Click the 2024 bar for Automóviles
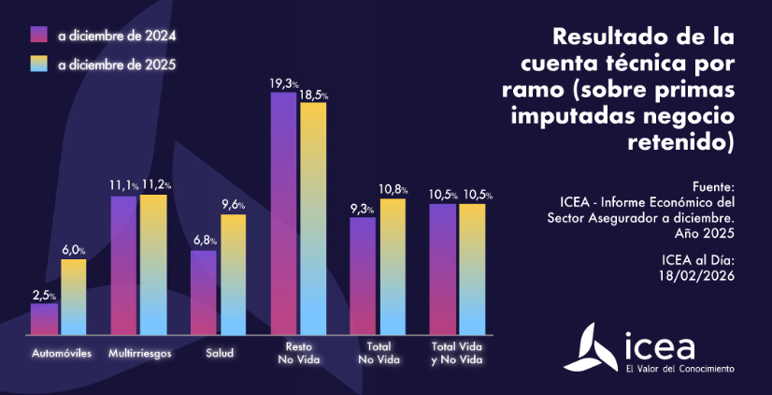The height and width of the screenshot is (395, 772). (x=44, y=318)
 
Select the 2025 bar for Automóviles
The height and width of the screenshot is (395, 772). (x=73, y=297)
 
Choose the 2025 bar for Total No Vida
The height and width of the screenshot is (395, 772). (x=393, y=267)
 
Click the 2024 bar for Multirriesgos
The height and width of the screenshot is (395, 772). (x=124, y=265)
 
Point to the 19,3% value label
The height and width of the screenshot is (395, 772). (x=284, y=84)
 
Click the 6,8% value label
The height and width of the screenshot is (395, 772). (x=204, y=241)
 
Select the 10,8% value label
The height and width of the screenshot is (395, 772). (x=393, y=190)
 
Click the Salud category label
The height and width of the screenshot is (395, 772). (x=219, y=354)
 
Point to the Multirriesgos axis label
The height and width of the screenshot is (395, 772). (x=139, y=354)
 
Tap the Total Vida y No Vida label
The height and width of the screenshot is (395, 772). (x=457, y=354)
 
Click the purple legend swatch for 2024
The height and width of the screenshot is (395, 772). (x=39, y=36)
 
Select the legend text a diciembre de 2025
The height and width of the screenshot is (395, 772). (x=116, y=66)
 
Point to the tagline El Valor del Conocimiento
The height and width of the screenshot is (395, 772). (x=679, y=369)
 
